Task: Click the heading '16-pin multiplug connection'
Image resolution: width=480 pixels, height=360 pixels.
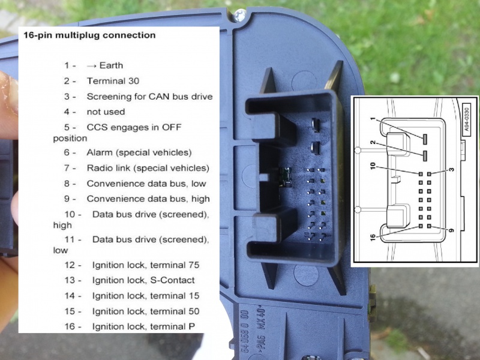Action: point(89,35)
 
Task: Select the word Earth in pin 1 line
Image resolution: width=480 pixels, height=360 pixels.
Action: point(111,65)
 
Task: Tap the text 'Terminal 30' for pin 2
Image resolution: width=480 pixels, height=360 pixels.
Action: point(113,81)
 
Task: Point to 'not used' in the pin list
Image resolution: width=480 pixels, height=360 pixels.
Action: point(106,112)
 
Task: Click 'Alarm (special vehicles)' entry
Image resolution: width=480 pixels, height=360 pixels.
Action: point(139,152)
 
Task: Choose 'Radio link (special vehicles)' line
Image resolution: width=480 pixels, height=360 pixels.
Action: point(148,168)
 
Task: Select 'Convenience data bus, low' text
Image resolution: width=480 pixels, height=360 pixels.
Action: point(146,184)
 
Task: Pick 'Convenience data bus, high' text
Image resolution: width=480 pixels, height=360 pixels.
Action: point(148,199)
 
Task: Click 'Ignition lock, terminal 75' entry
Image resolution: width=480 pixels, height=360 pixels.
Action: point(146,265)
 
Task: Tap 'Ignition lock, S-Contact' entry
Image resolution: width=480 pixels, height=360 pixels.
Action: point(143,280)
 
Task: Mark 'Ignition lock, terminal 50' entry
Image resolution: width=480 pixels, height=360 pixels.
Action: point(146,311)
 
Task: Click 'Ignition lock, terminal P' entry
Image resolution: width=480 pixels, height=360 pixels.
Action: point(143,326)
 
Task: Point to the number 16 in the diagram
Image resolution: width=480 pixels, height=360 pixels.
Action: point(373,237)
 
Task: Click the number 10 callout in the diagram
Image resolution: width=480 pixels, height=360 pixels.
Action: point(373,166)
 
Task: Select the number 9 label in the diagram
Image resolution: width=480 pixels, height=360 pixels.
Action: point(451,230)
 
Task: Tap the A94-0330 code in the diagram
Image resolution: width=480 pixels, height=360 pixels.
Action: point(466,119)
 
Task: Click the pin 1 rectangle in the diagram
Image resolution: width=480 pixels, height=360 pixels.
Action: point(425,139)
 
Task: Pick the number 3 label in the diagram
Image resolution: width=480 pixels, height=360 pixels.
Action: point(452,169)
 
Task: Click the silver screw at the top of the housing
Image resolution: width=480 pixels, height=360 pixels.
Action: point(239,14)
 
